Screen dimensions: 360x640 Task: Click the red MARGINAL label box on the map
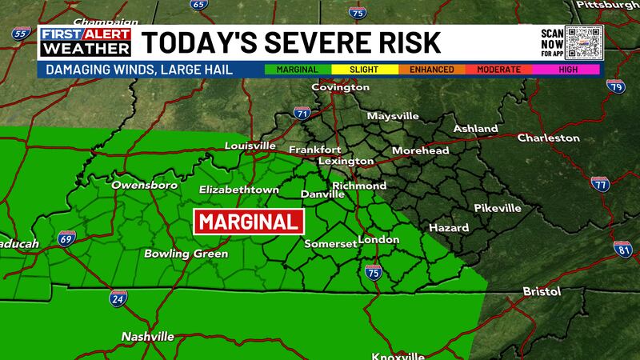pos(250,222)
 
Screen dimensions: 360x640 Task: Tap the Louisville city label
pos(250,146)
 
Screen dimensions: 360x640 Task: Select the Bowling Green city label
pos(186,254)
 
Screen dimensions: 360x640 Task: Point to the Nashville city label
pos(147,337)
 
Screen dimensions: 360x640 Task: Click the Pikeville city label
pos(497,208)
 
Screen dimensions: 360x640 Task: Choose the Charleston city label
pos(548,138)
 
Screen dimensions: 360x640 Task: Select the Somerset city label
pos(330,244)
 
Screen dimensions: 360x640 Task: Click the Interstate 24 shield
pos(117,298)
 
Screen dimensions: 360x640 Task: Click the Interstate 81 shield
pos(623,249)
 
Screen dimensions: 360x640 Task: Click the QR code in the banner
pos(582,42)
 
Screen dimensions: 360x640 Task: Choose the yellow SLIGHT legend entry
pos(366,70)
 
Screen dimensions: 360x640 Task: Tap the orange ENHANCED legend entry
pos(432,70)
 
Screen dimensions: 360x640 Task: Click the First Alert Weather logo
pos(86,42)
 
